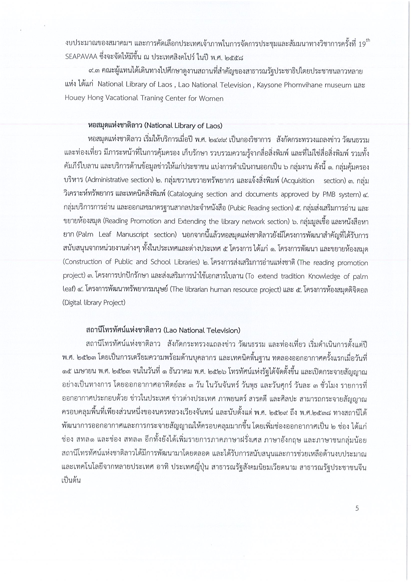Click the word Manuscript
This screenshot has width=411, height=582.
pos(133,234)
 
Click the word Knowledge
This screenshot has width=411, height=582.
pos(325,276)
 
